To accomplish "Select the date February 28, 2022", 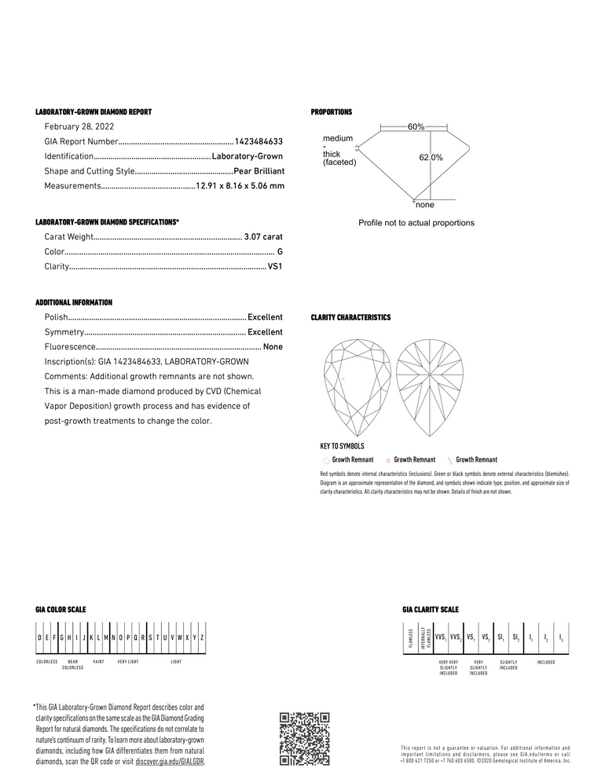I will (79, 127).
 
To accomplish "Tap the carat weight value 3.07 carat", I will (263, 236).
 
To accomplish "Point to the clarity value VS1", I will (275, 267).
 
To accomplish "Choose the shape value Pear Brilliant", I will (258, 171).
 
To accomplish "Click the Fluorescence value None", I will (273, 347).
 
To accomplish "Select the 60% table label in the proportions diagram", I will (416, 126).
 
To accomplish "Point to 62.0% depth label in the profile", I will (431, 158).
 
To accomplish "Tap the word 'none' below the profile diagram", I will (424, 205).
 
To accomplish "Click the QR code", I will (304, 738).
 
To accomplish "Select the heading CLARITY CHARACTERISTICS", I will (350, 317).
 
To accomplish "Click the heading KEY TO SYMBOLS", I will (342, 446).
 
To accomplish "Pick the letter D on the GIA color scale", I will (40, 638).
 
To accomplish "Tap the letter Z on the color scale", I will (202, 638).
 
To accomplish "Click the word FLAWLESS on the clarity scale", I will (410, 638).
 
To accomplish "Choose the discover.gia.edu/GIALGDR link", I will (170, 762).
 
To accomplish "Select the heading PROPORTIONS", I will (332, 112).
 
